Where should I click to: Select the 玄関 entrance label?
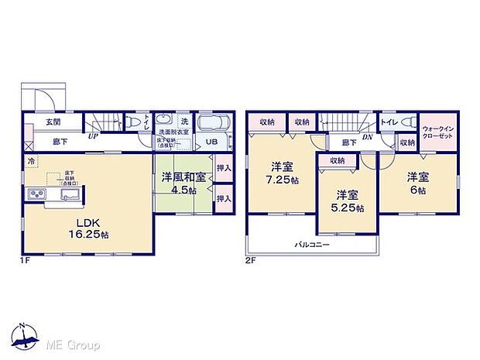53,123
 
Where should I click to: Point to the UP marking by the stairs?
92,136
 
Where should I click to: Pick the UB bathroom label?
210,142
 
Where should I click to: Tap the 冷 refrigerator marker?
32,161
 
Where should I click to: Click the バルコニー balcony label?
312,245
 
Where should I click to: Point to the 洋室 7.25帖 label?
280,173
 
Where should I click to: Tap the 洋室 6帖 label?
419,181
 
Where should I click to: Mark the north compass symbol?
25,333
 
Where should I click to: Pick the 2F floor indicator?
250,261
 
